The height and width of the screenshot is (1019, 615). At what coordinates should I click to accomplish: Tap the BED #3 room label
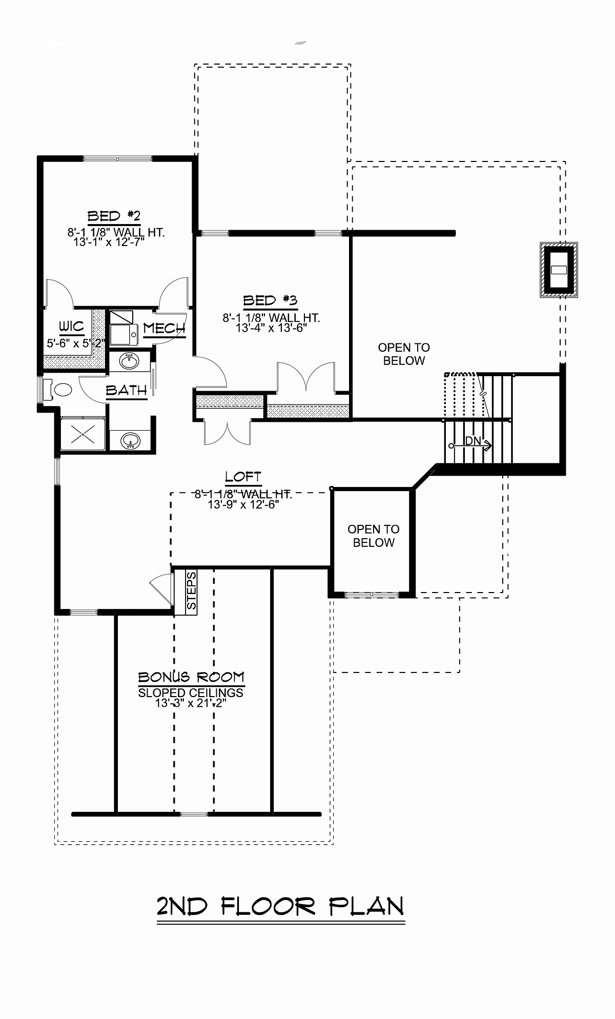[x=270, y=301]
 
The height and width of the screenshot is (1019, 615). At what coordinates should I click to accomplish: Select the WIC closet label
[x=71, y=327]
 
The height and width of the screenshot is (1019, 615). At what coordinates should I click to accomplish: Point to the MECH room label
[x=164, y=329]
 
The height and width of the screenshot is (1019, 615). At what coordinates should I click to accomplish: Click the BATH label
[x=127, y=391]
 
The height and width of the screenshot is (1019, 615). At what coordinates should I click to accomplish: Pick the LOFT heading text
[x=243, y=477]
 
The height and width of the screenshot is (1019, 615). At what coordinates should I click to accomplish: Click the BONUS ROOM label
[x=191, y=677]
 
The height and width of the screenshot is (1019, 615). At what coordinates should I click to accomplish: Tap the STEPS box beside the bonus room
[x=191, y=591]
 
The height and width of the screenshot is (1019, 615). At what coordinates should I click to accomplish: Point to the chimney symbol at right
[x=559, y=270]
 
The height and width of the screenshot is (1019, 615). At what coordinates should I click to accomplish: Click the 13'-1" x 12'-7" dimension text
[x=109, y=242]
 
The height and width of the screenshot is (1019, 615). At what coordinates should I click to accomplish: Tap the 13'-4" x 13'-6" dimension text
[x=271, y=328]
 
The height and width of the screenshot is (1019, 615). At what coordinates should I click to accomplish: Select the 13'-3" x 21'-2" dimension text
[x=191, y=703]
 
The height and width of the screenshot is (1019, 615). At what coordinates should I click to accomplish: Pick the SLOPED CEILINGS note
[x=191, y=692]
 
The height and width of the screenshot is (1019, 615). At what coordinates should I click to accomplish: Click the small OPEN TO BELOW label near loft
[x=374, y=536]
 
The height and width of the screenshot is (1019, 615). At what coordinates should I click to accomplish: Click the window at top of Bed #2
[x=118, y=159]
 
